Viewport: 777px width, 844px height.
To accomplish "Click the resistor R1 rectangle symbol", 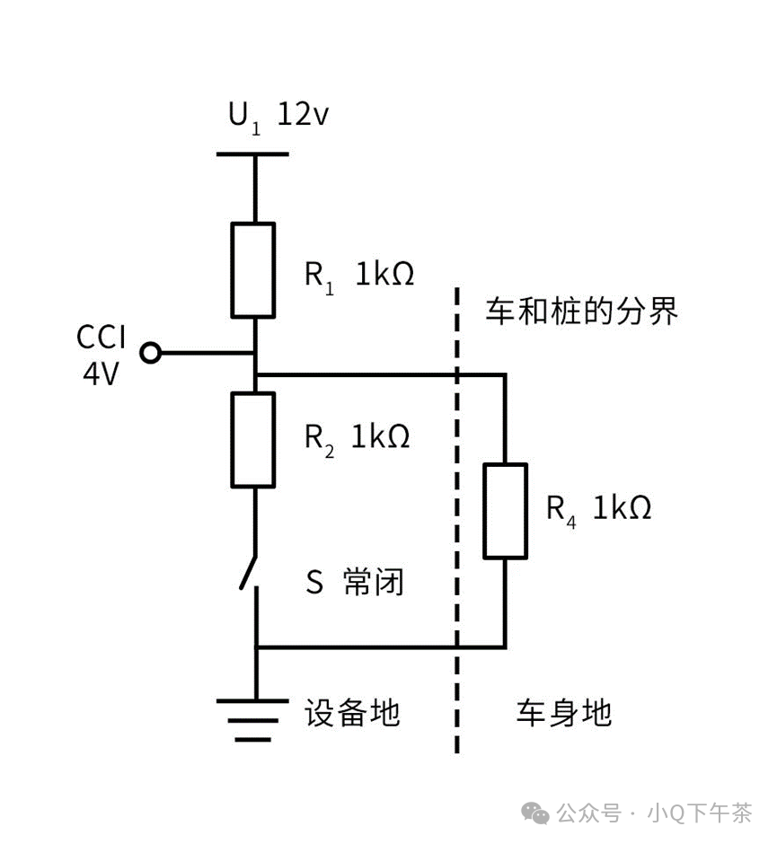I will point(253,270).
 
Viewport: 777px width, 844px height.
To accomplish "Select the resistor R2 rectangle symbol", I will point(253,439).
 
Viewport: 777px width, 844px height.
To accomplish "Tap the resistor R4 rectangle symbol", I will point(505,510).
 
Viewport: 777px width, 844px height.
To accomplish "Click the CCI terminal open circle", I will point(152,353).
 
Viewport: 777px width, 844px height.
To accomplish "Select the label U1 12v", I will point(278,117).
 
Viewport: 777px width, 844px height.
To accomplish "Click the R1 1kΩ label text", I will point(358,274).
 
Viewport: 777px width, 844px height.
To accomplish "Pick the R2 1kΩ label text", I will point(357,437).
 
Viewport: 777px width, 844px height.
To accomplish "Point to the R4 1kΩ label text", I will point(598,508).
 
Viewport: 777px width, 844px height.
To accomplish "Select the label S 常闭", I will point(356,583).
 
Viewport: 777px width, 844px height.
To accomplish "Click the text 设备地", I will point(351,713).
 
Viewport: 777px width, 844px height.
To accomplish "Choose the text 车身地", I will point(563,713).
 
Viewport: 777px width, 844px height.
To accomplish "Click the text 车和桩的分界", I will point(581,312).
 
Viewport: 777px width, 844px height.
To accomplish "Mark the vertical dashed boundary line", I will point(457,521).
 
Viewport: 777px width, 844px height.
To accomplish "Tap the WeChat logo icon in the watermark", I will point(539,813).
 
